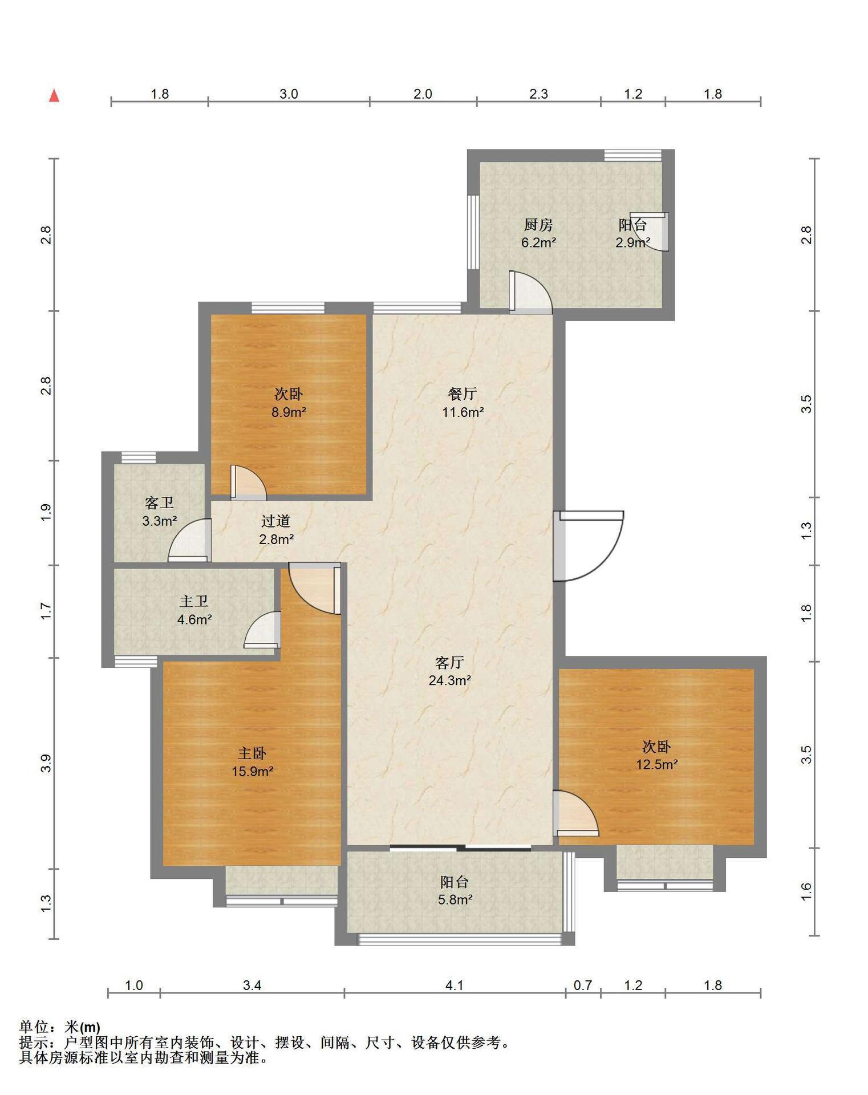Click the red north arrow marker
pos(54,96)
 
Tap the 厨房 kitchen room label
pos(538,225)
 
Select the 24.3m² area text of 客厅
pos(450,680)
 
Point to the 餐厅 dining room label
pos(463,394)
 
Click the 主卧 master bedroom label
pos(252,753)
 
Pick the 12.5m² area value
pos(657,764)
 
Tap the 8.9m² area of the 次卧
pos(289,412)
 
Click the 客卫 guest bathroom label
pos(159,503)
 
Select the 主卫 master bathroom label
pos(194,601)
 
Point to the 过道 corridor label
pos(276,521)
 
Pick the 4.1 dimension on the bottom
pos(455,985)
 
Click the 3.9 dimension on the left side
pos(46,763)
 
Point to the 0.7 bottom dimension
pos(583,985)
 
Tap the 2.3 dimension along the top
pos(538,94)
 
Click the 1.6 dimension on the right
pos(806,891)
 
